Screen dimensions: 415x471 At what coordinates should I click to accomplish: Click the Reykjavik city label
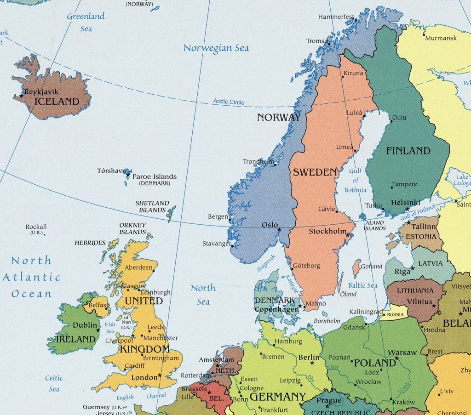click(x=41, y=92)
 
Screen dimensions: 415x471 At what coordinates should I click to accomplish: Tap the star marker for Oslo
click(x=279, y=229)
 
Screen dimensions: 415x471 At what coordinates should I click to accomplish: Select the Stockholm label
click(x=327, y=231)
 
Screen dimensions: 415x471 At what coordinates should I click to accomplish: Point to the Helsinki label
click(x=405, y=202)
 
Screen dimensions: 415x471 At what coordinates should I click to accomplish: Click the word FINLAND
click(x=408, y=151)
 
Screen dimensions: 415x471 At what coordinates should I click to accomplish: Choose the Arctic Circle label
click(x=229, y=102)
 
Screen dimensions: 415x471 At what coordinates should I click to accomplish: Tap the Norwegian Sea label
click(x=216, y=48)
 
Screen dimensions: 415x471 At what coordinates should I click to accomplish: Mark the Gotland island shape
click(x=356, y=268)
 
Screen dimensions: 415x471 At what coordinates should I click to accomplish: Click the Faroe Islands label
click(x=154, y=176)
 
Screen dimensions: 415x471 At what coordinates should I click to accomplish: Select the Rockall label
click(x=36, y=227)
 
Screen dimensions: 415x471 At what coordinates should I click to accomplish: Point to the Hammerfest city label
click(x=336, y=17)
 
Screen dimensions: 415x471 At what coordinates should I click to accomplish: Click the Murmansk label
click(x=441, y=38)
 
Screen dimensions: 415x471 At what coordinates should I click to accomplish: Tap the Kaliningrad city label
click(x=366, y=312)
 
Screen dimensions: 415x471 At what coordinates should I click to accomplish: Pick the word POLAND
click(x=375, y=363)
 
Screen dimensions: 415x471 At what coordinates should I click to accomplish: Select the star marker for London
click(x=160, y=375)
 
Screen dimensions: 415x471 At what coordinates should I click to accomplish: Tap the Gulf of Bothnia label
click(x=355, y=180)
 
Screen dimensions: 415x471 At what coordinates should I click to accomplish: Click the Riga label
click(x=402, y=272)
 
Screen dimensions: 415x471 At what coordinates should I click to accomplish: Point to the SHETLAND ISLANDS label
click(x=152, y=206)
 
